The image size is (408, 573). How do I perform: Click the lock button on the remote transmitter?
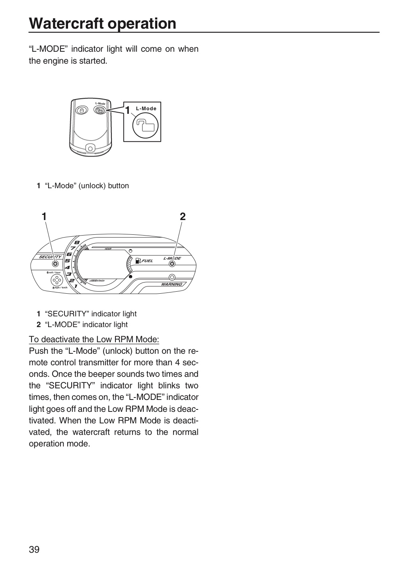[x=82, y=110]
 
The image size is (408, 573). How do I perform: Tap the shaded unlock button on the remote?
[x=100, y=110]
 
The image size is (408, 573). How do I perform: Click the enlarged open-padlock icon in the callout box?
[x=145, y=125]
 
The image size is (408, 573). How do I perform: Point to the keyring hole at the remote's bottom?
[x=90, y=148]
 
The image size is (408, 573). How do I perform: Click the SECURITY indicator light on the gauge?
[x=55, y=264]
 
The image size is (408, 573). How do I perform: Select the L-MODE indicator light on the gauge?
[x=172, y=264]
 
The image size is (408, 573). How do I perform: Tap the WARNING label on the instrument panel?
[x=172, y=284]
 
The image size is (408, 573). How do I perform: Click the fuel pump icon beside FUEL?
[x=138, y=260]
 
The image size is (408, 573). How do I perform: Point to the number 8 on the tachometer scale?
[x=77, y=242]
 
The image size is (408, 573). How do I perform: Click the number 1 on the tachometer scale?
[x=76, y=286]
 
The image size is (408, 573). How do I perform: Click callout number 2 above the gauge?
[x=182, y=216]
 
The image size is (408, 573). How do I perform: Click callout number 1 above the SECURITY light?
[x=44, y=216]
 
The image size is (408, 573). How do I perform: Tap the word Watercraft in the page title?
[x=66, y=23]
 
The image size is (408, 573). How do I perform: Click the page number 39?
[x=34, y=549]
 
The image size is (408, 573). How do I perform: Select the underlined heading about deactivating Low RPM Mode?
[x=94, y=339]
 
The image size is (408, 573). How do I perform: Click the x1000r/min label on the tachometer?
[x=97, y=281]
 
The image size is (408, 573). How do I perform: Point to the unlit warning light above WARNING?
[x=172, y=277]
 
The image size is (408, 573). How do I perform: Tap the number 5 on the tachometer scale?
[x=67, y=261]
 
